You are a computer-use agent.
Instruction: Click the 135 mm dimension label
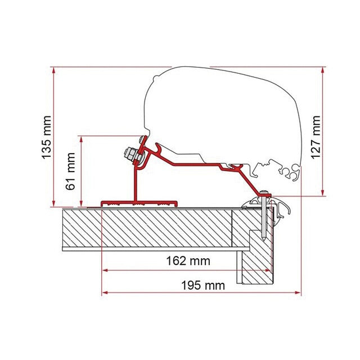[46, 137]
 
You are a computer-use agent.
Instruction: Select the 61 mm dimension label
[70, 171]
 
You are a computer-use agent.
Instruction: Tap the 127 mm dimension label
[316, 137]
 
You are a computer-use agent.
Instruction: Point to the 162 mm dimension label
[188, 261]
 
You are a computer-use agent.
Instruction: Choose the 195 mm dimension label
[203, 286]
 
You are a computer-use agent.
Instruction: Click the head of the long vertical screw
[264, 192]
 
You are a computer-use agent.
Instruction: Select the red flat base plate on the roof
[139, 204]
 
